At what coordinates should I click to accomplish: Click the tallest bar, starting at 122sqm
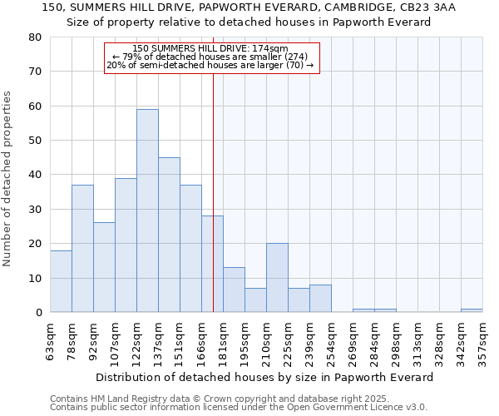pos(147,210)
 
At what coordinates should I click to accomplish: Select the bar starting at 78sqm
pos(82,249)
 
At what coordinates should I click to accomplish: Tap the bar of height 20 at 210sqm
pos(277,278)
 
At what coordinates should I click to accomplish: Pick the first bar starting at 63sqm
pos(61,281)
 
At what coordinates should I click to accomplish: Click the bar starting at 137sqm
pos(169,235)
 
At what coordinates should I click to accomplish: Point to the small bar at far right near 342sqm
pos(472,310)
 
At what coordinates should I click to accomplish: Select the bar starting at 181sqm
pos(234,290)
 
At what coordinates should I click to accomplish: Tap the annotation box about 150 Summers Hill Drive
pos(211,57)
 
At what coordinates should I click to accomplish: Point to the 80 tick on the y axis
pos(35,37)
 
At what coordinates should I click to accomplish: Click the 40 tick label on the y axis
pos(35,175)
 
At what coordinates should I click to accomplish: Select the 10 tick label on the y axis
pos(35,278)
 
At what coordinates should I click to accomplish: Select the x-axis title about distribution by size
pos(265,377)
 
